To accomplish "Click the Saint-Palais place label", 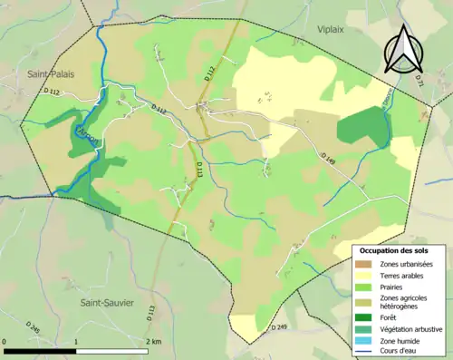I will (x=50, y=73).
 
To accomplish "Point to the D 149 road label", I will (x=329, y=158).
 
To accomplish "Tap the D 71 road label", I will (x=418, y=80).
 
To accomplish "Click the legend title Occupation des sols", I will (x=400, y=249).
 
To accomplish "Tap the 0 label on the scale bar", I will (x=5, y=342).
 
